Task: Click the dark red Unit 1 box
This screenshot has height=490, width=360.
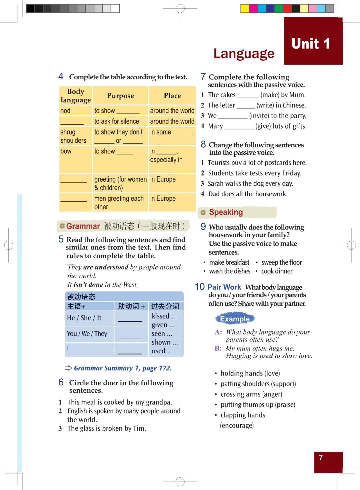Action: pyautogui.click(x=313, y=41)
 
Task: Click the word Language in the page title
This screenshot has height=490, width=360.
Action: pyautogui.click(x=244, y=53)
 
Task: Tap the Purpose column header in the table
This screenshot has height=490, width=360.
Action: pyautogui.click(x=120, y=96)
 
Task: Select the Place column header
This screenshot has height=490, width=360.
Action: pyautogui.click(x=172, y=96)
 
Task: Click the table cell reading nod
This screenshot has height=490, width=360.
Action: pyautogui.click(x=66, y=111)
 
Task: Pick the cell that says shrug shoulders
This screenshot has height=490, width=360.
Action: pyautogui.click(x=73, y=136)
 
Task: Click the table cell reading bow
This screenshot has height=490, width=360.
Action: pyautogui.click(x=66, y=151)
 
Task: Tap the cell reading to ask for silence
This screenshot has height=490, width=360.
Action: pyautogui.click(x=116, y=121)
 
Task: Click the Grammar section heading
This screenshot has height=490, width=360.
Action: pyautogui.click(x=83, y=226)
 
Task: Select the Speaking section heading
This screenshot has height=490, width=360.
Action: pyautogui.click(x=226, y=212)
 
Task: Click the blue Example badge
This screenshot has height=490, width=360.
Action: pyautogui.click(x=235, y=319)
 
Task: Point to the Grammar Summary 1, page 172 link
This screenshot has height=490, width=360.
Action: pyautogui.click(x=122, y=368)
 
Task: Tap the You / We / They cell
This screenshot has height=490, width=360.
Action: pyautogui.click(x=87, y=334)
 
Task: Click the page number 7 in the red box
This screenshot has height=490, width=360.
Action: pyautogui.click(x=321, y=458)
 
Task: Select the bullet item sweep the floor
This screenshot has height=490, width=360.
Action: pyautogui.click(x=282, y=263)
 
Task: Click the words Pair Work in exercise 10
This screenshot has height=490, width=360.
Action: pyautogui.click(x=224, y=287)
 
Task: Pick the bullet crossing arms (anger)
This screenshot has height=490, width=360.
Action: pyautogui.click(x=251, y=394)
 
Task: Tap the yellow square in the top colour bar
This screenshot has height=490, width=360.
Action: pyautogui.click(x=245, y=9)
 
